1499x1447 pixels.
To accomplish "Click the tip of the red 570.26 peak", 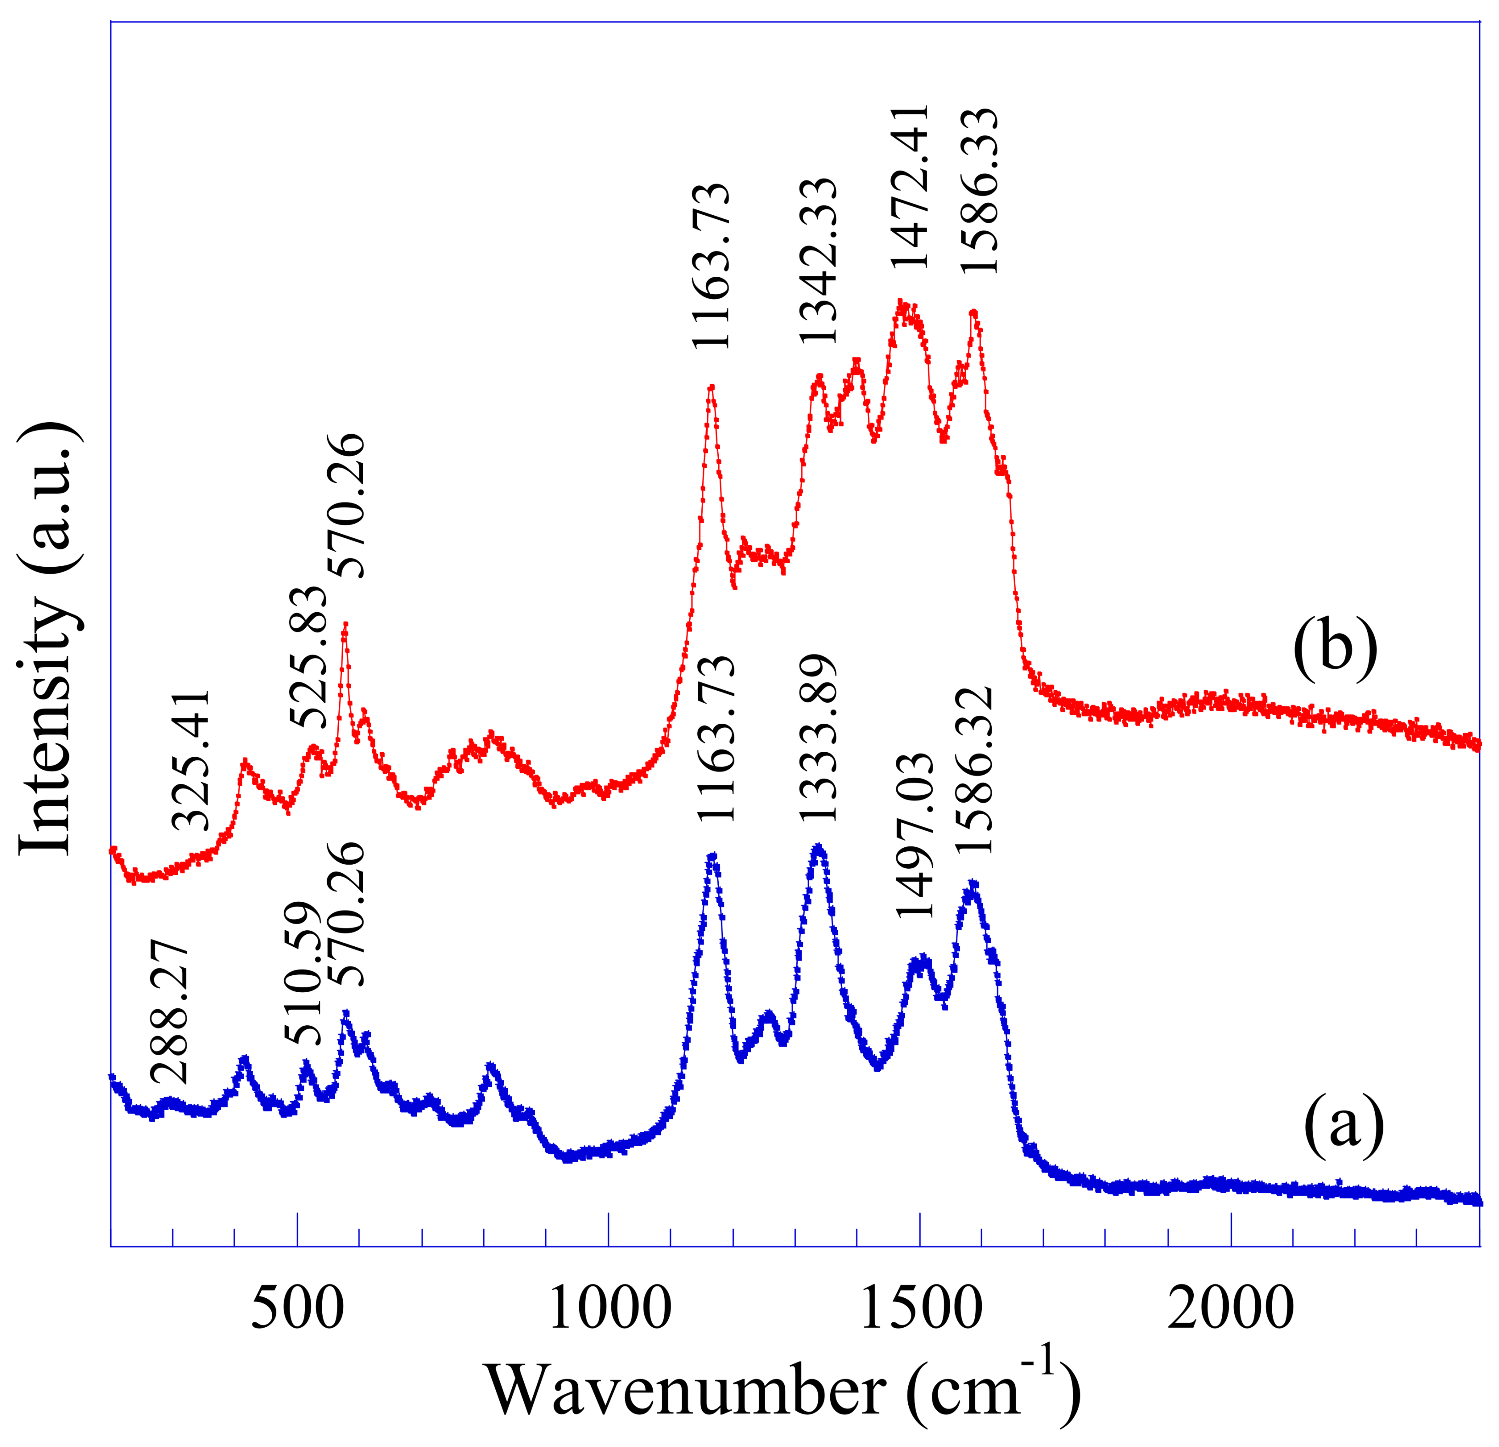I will click(346, 623).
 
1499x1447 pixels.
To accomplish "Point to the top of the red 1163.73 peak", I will click(711, 387).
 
